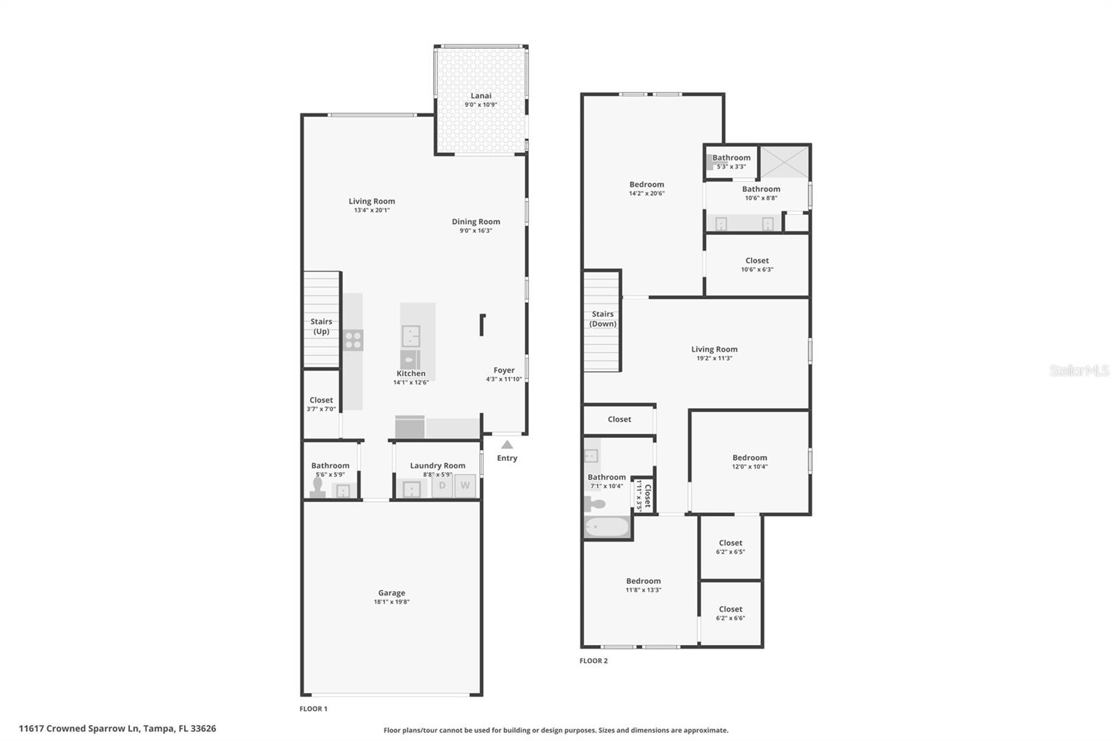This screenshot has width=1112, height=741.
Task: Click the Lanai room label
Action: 480,96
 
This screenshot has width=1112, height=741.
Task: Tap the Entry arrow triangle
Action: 507,444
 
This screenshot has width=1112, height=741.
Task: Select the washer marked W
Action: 465,485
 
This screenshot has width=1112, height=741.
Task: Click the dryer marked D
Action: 442,485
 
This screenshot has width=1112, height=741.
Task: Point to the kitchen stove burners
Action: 353,340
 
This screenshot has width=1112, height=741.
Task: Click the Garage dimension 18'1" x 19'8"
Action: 392,602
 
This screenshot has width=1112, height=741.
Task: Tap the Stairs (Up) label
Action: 321,326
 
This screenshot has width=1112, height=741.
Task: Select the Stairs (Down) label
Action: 603,319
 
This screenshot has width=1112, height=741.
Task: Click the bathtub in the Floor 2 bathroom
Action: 607,527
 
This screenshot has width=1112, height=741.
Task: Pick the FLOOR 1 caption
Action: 313,709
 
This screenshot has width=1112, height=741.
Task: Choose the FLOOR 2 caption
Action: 594,660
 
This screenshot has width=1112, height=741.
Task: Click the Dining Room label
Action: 475,222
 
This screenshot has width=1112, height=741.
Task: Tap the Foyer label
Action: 504,370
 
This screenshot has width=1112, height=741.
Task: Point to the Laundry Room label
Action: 437,465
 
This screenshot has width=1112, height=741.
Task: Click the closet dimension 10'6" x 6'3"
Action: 757,270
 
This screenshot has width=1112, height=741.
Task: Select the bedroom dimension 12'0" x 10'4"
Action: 750,466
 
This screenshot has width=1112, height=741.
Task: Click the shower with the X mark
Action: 785,162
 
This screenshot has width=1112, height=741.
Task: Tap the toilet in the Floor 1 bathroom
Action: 318,488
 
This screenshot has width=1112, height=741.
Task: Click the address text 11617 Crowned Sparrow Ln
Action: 79,728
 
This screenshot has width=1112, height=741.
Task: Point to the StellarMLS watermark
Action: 1079,370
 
